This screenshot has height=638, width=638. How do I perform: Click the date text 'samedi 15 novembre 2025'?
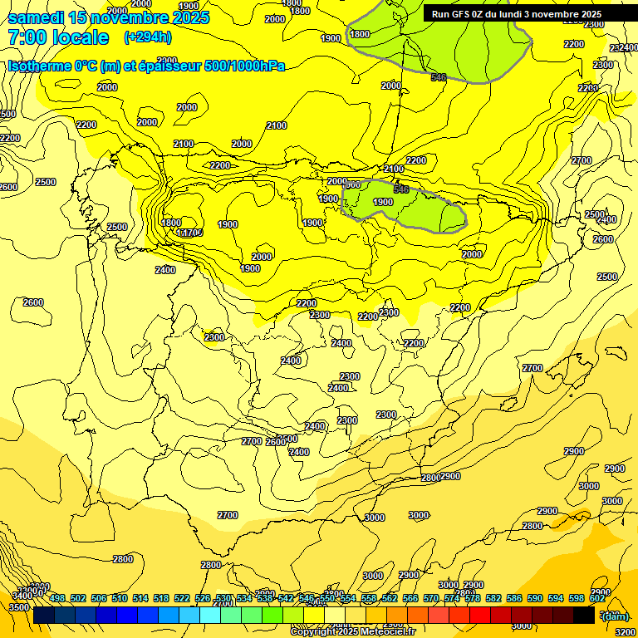coord(109,17)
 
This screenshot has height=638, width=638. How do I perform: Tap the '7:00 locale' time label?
coord(58,37)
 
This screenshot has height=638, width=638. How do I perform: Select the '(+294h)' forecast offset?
coord(149,37)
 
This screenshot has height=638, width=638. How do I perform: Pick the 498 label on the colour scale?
coord(57,599)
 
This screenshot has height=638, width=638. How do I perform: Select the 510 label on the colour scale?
coord(120,599)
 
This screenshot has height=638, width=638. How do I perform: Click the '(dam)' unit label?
coord(615,616)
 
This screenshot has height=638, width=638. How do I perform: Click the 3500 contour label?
coord(17,607)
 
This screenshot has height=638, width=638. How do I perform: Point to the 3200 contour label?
coord(626,631)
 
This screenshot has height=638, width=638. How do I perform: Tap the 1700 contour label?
coord(192,233)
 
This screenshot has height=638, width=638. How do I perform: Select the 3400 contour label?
coord(22,595)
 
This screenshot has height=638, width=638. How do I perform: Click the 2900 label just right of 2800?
coord(450,476)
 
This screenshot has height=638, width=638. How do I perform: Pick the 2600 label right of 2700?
coord(276,442)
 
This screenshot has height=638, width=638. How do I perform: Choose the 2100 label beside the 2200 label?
coord(394,169)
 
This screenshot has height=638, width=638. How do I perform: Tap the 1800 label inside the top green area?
coord(360,34)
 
